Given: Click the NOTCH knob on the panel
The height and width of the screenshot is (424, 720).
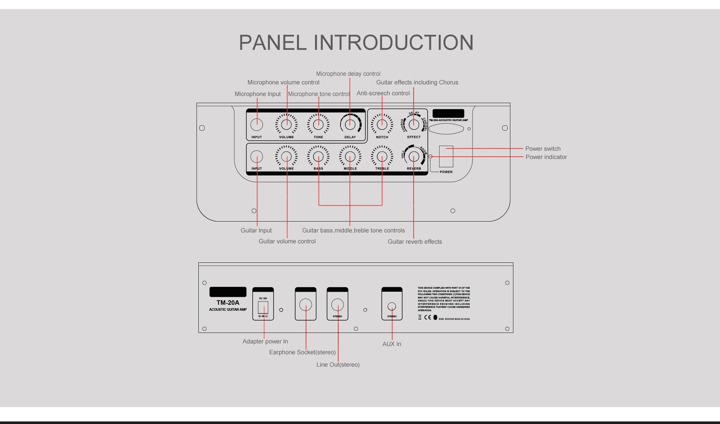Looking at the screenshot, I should (382, 124).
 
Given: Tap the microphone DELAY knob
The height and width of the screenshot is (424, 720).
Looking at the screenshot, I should (350, 124).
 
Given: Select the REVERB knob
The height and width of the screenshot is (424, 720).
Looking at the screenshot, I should (414, 156).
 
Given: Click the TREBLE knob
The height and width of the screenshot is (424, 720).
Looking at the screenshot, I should (382, 156).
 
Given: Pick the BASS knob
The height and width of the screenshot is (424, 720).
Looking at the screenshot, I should (318, 156).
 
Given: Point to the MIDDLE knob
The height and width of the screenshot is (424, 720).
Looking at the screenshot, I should (350, 156).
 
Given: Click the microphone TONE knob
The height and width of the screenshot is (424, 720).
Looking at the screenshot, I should (318, 124).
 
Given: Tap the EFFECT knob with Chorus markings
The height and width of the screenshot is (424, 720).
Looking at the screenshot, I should (414, 124).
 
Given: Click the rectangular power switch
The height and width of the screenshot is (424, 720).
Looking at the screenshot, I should (446, 156).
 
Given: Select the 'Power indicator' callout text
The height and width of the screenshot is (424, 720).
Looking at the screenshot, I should (546, 157).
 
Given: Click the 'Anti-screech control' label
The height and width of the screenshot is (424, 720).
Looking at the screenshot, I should (383, 93).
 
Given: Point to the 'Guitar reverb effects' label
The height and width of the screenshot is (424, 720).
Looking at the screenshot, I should (415, 242).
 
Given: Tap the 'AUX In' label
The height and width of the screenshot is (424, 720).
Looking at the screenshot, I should (391, 344).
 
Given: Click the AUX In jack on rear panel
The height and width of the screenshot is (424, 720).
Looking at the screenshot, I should (391, 306).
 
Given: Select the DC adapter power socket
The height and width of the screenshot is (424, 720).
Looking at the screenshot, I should (263, 307).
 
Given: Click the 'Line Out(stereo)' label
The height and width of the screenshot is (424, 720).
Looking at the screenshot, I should (338, 365).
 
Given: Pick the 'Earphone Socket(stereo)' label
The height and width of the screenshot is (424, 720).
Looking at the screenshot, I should (302, 352).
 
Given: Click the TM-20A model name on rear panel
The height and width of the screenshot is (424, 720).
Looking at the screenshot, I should (228, 303).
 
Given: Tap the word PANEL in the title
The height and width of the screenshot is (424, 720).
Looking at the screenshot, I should (273, 42).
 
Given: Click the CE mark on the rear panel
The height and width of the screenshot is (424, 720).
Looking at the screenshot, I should (427, 318).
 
